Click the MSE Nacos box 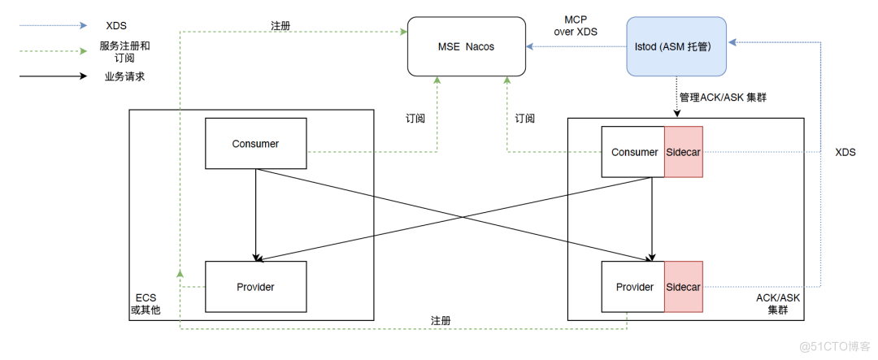coord(466,46)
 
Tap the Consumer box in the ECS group coord(255,144)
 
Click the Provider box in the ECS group coord(255,287)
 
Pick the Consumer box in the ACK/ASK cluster coord(633,152)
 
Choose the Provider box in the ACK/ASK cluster coord(633,287)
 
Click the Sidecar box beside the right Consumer coord(684,152)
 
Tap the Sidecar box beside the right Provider coord(684,287)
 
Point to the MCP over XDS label coord(580,25)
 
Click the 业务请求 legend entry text coord(124,77)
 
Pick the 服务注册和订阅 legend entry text coord(124,52)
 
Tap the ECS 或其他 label coord(146,305)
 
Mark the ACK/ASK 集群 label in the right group coord(778,305)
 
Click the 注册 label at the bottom coord(440,320)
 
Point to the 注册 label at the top coord(281,26)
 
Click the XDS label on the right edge coord(845,152)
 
